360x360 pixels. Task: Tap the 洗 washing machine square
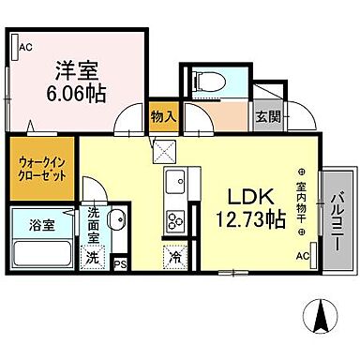point(93,256)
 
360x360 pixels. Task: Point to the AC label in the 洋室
point(25,44)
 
